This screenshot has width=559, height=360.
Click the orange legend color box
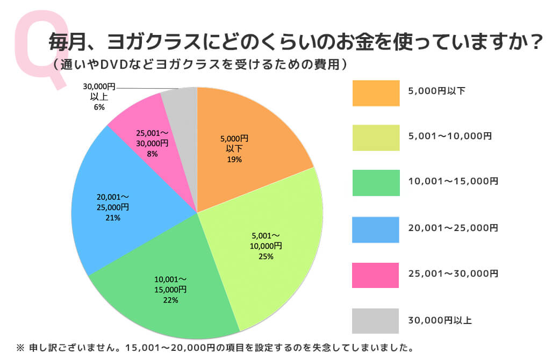(376, 93)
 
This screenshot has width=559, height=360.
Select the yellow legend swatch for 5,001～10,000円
(376, 138)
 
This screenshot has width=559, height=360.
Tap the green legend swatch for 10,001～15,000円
(376, 183)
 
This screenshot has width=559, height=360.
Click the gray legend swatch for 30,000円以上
(376, 321)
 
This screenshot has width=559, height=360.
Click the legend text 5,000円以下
(436, 91)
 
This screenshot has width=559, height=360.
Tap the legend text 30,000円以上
(440, 321)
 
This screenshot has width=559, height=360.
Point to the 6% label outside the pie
(99, 107)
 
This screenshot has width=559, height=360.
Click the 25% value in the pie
(266, 257)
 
